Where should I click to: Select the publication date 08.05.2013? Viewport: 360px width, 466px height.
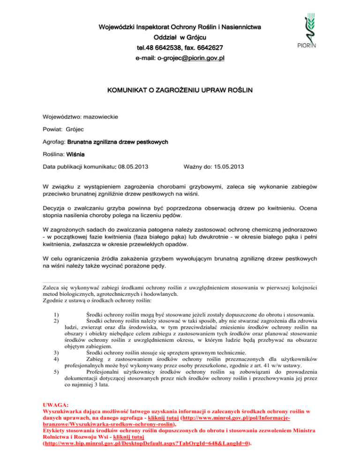pyautogui.click(x=131, y=166)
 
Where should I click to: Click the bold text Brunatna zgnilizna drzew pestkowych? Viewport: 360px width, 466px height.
pyautogui.click(x=118, y=141)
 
